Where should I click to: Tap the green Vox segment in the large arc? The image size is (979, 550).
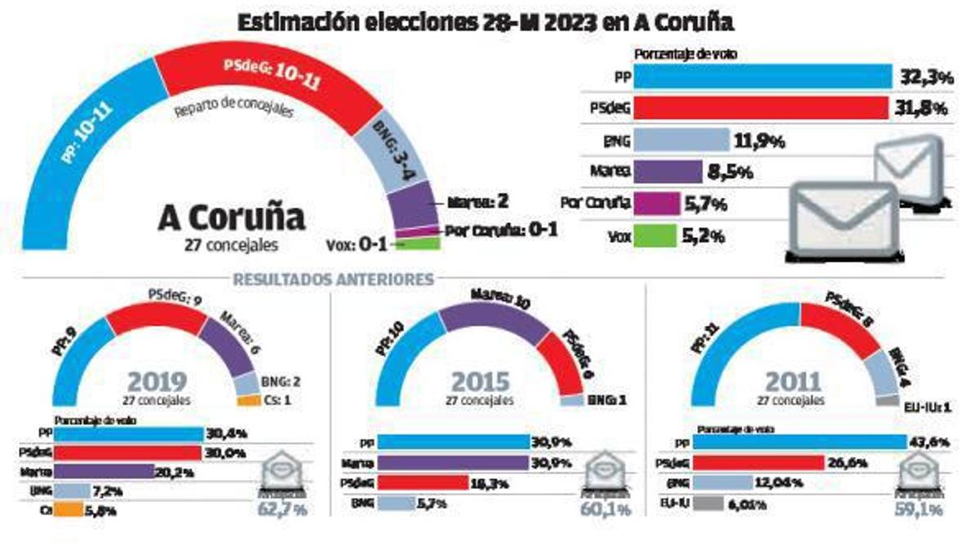419,243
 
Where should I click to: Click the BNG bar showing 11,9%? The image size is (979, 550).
681,140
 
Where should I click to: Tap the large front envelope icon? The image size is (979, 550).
843,222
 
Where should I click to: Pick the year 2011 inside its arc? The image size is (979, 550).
789,381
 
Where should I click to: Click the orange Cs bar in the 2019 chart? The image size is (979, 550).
69,511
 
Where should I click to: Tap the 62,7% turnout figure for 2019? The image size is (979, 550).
283,510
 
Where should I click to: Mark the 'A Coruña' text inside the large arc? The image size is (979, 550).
231,218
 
